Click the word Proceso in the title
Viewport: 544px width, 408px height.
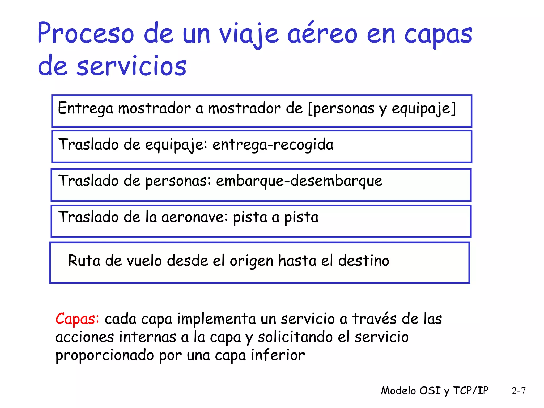(86, 33)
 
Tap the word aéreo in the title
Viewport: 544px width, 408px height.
(322, 33)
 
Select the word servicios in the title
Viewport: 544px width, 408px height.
(131, 66)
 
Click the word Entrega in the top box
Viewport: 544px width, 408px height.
(86, 108)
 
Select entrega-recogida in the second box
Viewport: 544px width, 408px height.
(273, 145)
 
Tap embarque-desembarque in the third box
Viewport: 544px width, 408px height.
(299, 181)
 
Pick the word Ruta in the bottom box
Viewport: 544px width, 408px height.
(84, 260)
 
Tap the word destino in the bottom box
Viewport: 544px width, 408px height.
(364, 260)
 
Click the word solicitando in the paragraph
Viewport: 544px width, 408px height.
(295, 337)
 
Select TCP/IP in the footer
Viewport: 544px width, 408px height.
(471, 391)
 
